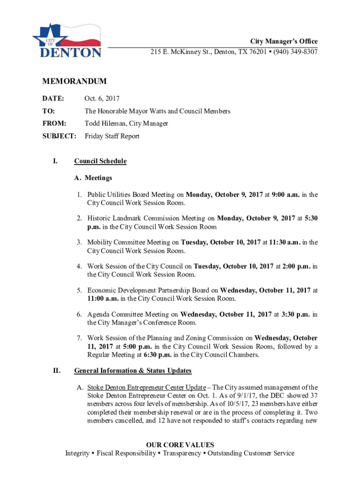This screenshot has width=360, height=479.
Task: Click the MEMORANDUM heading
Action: pos(74,81)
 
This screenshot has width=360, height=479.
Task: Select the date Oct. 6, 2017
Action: pos(102,99)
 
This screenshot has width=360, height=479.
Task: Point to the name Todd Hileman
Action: pos(105,123)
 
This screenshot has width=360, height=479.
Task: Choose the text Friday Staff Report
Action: pos(112,136)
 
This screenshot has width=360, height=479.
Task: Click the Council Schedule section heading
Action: pos(100,161)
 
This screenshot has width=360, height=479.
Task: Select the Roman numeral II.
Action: pos(56,371)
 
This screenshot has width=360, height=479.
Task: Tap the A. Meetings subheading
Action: pos(93,178)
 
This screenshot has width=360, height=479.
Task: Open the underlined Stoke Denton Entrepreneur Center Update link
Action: pos(146,388)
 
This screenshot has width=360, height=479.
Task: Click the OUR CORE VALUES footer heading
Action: pos(180,445)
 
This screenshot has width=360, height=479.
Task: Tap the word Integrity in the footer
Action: pos(78,453)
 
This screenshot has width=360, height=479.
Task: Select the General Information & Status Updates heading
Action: pos(133,371)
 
